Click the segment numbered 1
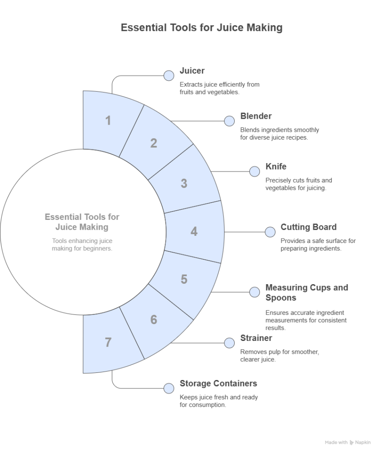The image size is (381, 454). [108, 121]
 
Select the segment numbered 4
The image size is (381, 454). [194, 231]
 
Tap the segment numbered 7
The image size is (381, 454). [108, 342]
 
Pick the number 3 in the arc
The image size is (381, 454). [184, 183]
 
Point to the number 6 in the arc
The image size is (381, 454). [153, 319]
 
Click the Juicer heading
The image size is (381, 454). [192, 71]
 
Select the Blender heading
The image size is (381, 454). [256, 116]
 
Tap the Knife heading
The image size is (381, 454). [276, 167]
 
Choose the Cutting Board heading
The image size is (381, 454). [308, 227]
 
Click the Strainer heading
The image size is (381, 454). [256, 338]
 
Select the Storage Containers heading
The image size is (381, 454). [218, 384]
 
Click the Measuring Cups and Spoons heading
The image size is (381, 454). [306, 293]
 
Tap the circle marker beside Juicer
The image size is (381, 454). [169, 75]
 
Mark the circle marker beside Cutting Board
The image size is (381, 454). [270, 232]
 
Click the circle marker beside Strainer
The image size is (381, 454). [229, 343]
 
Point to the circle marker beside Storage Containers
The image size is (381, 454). [169, 388]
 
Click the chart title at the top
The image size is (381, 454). [201, 27]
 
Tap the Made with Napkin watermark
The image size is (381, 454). [347, 442]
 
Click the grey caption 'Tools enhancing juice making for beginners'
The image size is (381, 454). [82, 244]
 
